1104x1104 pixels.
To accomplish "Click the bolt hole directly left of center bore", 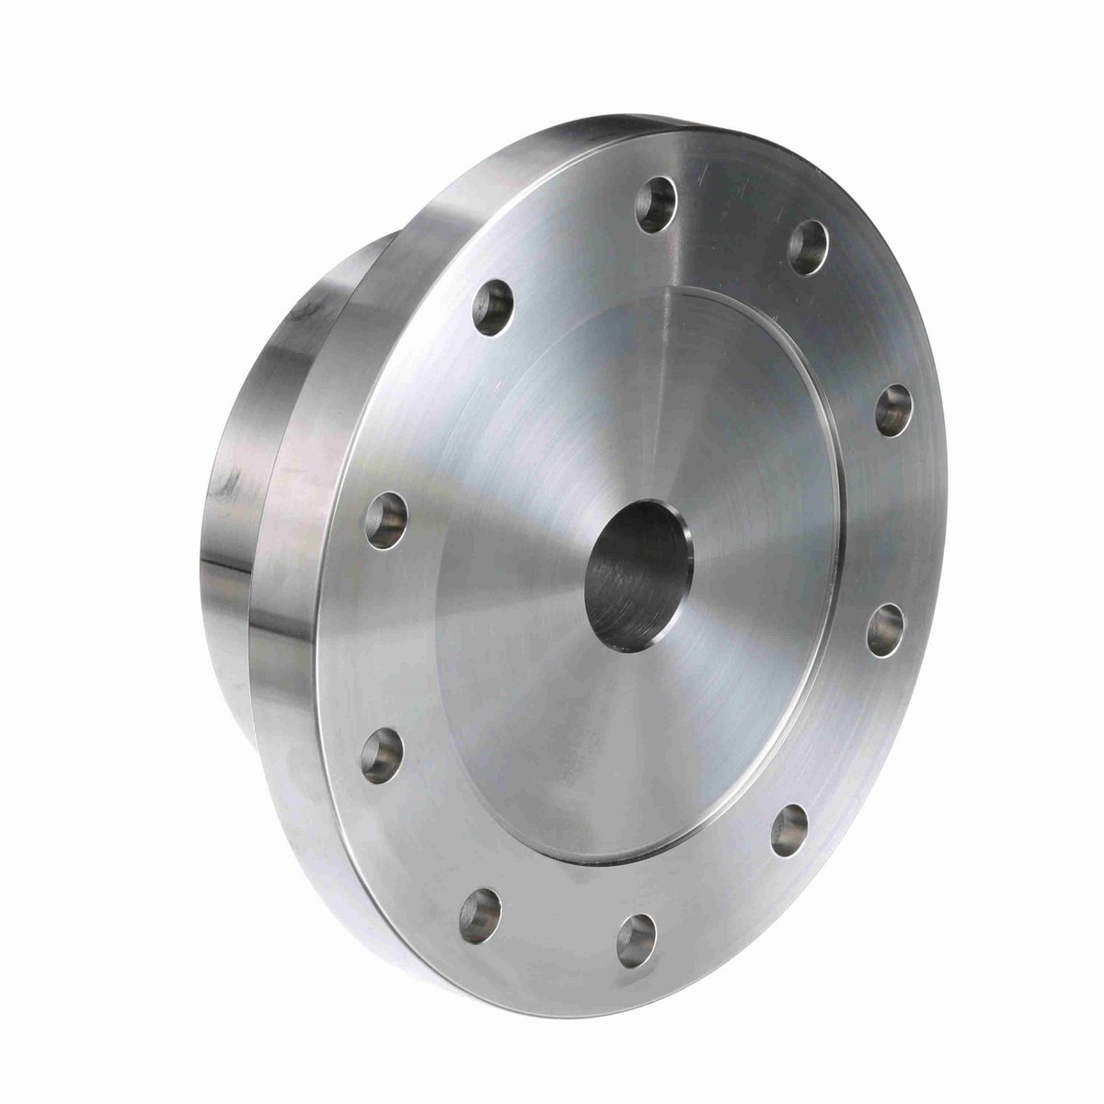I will click(x=385, y=520).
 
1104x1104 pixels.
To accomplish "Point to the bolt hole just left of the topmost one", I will click(x=492, y=306).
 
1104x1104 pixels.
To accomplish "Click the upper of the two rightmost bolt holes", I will click(x=893, y=410).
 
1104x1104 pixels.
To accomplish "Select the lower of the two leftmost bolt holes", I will click(x=382, y=752).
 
